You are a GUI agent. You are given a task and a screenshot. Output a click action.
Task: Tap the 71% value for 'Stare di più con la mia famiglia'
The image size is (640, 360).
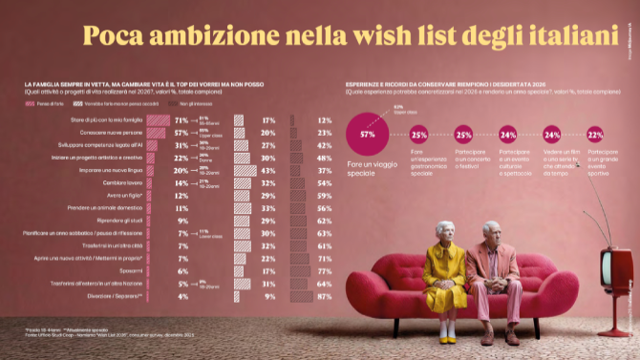tap(181, 119)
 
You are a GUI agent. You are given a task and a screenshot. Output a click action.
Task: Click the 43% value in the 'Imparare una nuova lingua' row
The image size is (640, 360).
tap(268, 170)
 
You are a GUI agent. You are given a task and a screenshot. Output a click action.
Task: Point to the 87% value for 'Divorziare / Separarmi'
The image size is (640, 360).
tap(324, 297)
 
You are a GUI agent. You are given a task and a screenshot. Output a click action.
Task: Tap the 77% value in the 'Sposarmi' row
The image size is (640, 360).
tap(324, 271)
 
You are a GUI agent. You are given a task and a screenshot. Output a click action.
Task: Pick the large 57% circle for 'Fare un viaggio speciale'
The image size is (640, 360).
tap(366, 135)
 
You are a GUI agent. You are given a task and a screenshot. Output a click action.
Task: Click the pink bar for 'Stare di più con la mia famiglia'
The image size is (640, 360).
tap(157, 119)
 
